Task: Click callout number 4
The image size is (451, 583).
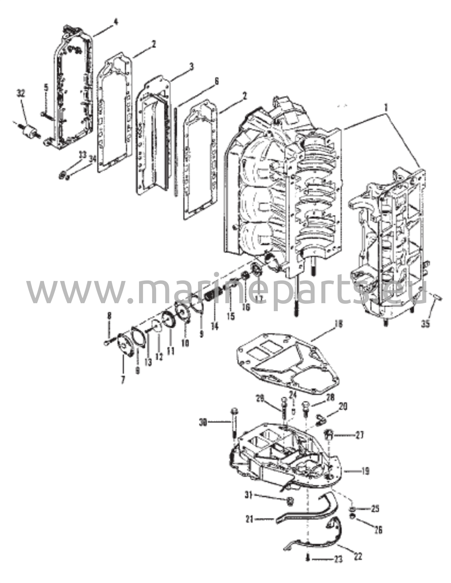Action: coord(116,22)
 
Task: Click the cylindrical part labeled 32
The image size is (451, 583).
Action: coord(30,131)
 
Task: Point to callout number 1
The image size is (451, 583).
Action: coord(386,108)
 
